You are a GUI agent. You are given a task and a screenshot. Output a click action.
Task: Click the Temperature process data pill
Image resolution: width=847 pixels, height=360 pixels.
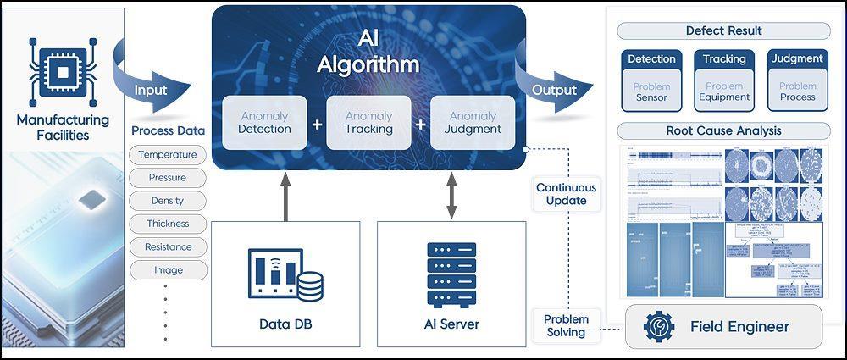pos(167,155)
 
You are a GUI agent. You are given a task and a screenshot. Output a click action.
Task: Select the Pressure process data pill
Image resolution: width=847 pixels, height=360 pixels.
pos(167,178)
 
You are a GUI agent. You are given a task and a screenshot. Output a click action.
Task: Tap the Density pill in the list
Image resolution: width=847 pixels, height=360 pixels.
pos(167,201)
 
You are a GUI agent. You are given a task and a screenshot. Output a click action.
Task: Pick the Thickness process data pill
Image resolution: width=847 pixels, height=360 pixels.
pos(167,224)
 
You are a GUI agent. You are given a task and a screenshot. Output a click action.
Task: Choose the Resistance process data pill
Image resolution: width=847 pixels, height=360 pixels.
pos(167,246)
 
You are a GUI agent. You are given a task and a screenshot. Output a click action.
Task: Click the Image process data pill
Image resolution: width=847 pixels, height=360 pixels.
pos(167,270)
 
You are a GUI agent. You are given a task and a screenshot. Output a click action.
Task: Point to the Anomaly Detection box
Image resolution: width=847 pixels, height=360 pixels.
pos(264,123)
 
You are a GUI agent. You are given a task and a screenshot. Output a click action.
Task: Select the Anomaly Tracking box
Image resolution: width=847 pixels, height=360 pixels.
pos(368,123)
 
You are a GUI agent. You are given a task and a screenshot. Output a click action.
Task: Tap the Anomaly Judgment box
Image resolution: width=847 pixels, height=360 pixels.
pos(473,123)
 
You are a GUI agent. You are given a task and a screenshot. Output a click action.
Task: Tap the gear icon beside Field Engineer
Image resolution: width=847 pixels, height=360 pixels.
pos(658,326)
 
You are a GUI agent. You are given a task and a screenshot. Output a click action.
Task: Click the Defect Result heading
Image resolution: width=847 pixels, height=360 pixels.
pos(723,31)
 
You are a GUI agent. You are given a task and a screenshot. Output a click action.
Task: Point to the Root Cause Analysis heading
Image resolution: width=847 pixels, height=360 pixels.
pos(723,131)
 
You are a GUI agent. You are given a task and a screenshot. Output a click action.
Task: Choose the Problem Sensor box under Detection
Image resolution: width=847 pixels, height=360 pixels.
pos(651,91)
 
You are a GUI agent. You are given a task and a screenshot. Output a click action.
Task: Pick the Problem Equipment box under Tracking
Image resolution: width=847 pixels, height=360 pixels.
pos(724,91)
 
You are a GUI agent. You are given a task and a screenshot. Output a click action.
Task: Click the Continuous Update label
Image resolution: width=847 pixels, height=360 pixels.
pos(566,194)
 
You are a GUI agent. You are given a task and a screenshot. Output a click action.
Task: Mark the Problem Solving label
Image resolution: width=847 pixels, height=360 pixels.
pos(566,325)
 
